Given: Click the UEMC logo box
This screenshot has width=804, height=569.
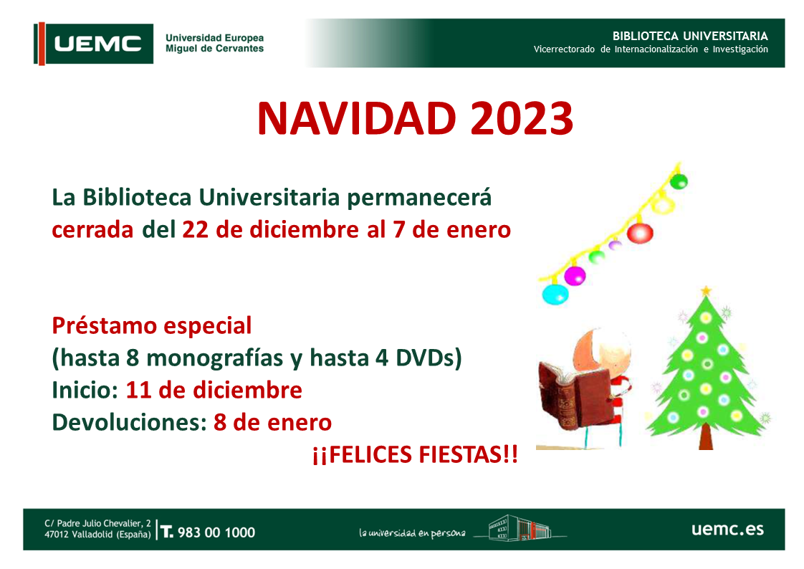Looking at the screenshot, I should point(94,44).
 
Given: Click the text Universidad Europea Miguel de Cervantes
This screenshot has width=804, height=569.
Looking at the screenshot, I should point(214,43).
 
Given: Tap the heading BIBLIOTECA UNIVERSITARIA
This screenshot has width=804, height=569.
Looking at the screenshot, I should point(690,36).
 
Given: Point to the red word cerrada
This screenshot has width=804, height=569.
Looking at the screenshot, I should point(92,230).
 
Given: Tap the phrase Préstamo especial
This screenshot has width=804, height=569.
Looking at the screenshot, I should point(152,326).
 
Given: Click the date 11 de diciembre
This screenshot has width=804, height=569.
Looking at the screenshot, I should point(214,391).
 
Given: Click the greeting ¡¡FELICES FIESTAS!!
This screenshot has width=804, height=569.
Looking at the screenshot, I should point(414,454).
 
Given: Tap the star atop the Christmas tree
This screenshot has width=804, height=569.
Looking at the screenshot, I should point(707,290).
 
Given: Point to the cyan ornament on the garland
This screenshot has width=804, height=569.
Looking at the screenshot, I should point(555,294).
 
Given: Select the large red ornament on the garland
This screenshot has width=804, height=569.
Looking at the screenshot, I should point(639,233).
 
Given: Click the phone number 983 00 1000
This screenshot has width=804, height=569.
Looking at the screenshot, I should point(216,532).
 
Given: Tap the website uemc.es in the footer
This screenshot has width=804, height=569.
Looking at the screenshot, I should point(727,530).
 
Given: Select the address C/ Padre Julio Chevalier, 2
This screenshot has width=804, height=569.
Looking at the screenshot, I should point(98,524).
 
